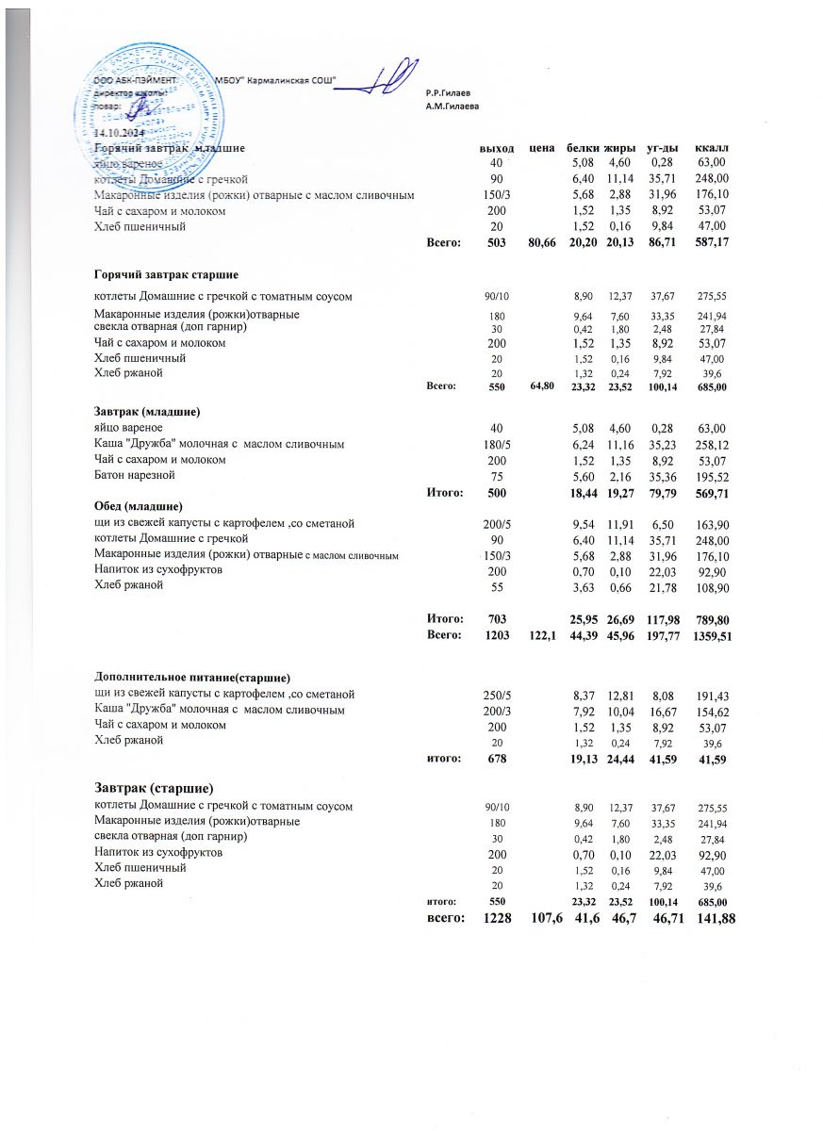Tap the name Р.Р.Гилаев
click(448, 92)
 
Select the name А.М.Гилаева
click(453, 106)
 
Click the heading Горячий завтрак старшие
click(164, 273)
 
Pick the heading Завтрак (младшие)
click(149, 411)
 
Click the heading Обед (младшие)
click(138, 506)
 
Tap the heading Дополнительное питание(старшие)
click(191, 678)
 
